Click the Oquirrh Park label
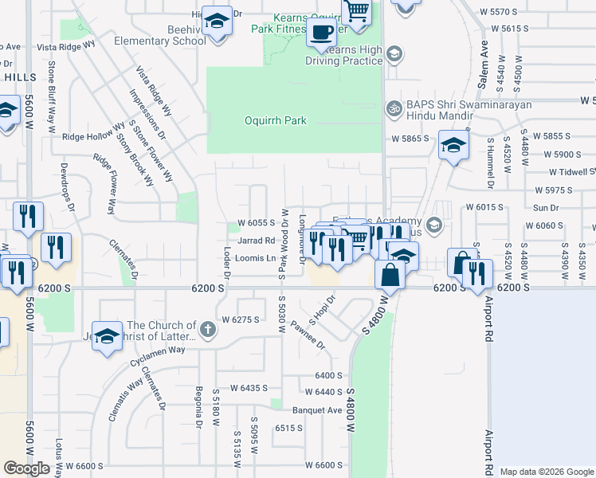(x=275, y=121)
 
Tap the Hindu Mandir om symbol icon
(x=392, y=108)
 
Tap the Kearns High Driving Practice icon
(x=394, y=54)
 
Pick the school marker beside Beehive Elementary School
(x=216, y=22)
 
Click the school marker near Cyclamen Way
(x=107, y=335)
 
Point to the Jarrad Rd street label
(x=256, y=240)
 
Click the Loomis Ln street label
(x=256, y=258)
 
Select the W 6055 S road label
(x=256, y=223)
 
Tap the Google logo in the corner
(x=26, y=468)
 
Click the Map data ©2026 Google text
(x=546, y=472)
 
